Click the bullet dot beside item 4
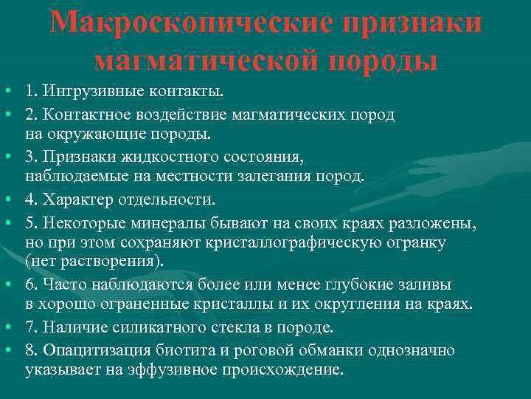(6, 199)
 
